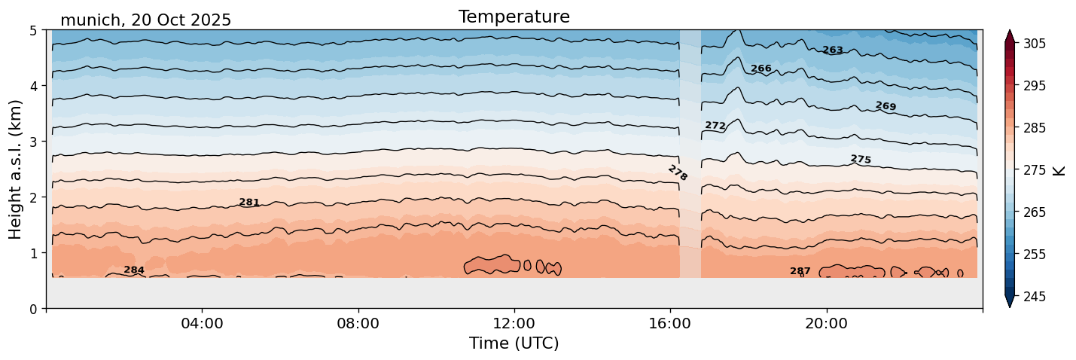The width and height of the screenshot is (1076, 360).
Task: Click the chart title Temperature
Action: click(x=514, y=17)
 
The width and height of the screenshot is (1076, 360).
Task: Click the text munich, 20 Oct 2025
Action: click(x=145, y=20)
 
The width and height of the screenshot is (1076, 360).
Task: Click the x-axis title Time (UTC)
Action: click(x=514, y=343)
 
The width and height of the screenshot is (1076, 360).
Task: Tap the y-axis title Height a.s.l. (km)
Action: click(x=16, y=169)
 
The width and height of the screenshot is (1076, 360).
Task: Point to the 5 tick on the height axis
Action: click(x=34, y=30)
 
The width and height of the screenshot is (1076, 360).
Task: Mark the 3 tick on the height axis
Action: click(x=34, y=142)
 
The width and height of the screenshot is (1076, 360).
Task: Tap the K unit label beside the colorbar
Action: click(x=1059, y=170)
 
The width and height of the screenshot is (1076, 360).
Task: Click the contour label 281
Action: click(x=249, y=203)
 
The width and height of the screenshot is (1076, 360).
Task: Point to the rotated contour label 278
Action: click(x=678, y=173)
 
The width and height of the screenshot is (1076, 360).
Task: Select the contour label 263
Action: click(x=833, y=50)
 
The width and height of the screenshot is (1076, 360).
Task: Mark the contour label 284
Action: click(x=134, y=270)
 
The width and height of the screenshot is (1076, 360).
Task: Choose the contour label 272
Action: click(x=715, y=126)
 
